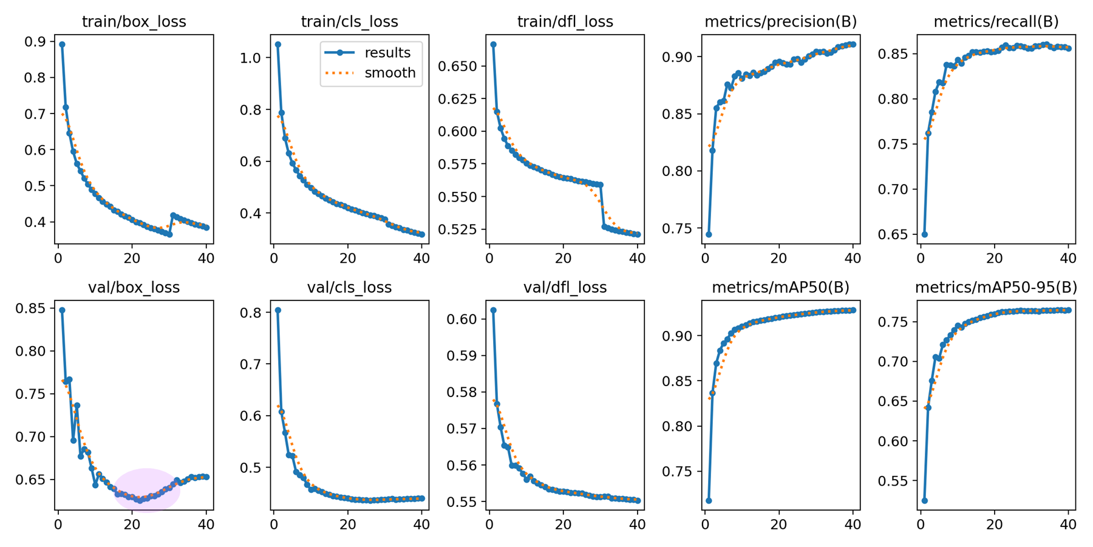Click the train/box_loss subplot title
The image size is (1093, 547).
tap(134, 22)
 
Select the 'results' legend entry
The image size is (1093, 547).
tap(387, 53)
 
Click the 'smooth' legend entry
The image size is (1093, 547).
tap(390, 73)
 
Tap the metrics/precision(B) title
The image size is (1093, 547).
tap(780, 22)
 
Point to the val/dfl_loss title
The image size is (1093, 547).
tap(565, 287)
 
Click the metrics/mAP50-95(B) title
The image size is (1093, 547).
tap(996, 287)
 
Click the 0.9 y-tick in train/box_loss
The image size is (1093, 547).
tap(35, 42)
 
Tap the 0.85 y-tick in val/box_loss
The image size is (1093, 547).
tap(31, 308)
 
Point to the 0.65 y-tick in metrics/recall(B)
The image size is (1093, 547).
tap(894, 234)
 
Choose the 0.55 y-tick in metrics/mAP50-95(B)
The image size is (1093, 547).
tap(894, 481)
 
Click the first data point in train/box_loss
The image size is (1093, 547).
tap(62, 44)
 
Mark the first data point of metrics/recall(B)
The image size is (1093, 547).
tap(924, 234)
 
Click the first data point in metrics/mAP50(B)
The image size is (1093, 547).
tap(709, 501)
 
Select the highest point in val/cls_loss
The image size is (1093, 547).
tap(278, 310)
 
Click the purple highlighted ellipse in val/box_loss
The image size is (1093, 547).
tap(147, 491)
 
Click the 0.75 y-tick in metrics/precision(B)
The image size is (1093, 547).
tap(678, 228)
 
